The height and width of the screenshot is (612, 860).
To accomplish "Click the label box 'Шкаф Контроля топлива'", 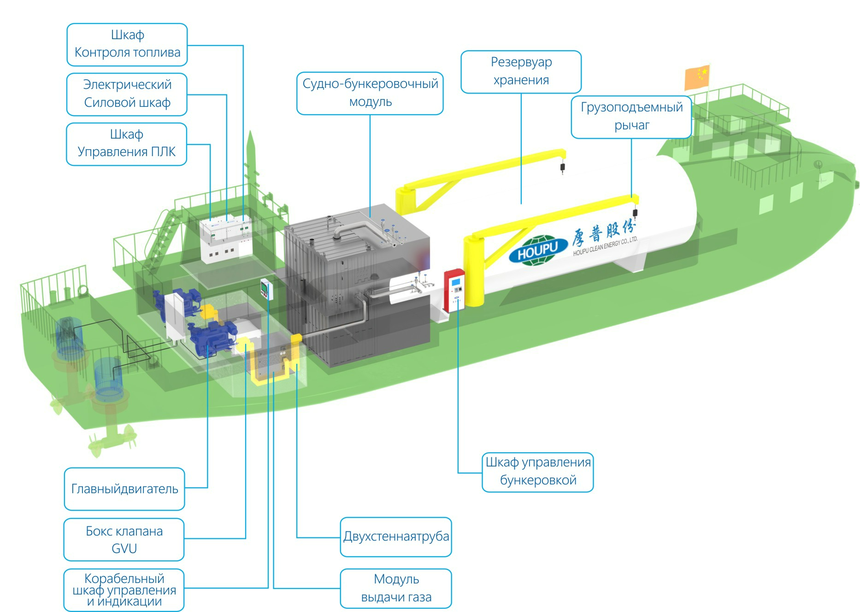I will coord(127,44).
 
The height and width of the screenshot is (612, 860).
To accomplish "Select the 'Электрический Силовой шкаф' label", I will coord(127,94).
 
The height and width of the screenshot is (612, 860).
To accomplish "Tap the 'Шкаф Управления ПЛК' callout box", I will coord(127,144).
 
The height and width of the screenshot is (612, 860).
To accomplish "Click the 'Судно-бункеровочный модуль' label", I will coord(370,93).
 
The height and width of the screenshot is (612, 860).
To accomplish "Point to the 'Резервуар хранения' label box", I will coord(521,72).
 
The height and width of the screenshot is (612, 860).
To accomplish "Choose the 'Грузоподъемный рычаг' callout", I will coord(631,117).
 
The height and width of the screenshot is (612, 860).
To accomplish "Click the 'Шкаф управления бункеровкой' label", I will coord(538,472).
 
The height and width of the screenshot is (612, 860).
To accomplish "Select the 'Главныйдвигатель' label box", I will coord(124,489).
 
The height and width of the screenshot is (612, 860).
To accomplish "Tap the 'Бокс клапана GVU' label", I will coord(124,540).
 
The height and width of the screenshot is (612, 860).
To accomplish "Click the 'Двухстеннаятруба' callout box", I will coord(396,537).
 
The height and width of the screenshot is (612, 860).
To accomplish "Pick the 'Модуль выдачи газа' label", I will coord(396,589).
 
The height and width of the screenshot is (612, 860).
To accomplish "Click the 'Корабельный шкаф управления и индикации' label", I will coord(124,590).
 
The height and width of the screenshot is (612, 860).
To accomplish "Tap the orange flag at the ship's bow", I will coord(697,77).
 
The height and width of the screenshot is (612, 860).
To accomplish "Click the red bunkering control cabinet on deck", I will coord(454,290).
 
